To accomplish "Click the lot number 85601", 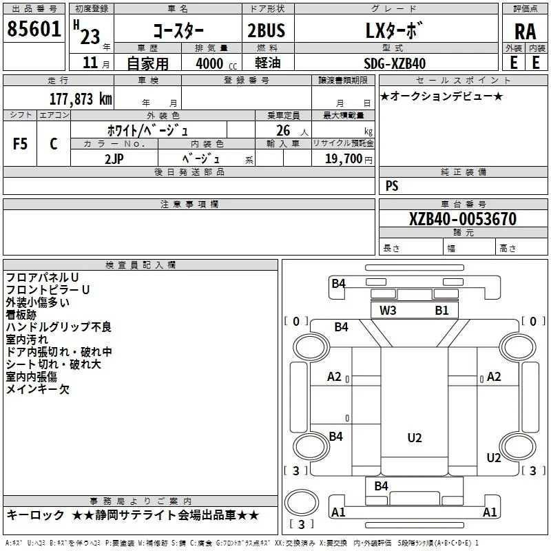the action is coord(34,29).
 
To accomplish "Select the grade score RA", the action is coord(525,32).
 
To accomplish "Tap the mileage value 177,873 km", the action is coord(81,98).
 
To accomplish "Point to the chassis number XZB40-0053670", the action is coord(463,219).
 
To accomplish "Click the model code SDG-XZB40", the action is coord(395,63).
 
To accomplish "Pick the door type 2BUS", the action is coord(266,30).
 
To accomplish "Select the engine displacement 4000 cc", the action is coord(216,63).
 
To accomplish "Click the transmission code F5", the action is coord(20,144).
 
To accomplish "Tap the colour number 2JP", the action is coord(114,159).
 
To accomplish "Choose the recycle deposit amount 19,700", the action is coord(343,159).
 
